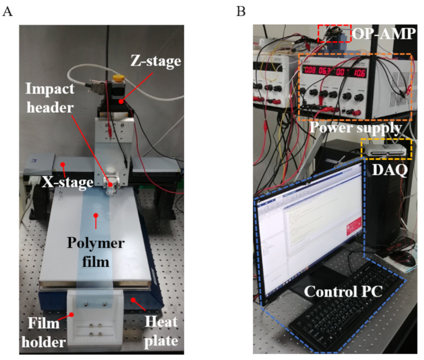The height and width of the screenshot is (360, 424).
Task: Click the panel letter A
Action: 8,11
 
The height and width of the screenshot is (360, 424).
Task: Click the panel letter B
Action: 241,11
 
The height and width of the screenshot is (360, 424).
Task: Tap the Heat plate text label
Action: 161,332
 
